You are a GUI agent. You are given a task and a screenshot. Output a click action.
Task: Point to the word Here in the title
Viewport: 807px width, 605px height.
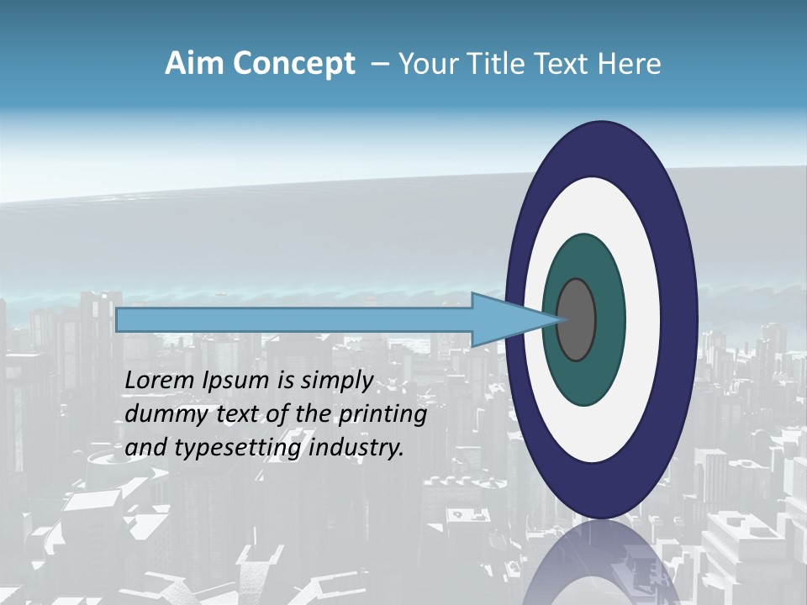tap(630, 64)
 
